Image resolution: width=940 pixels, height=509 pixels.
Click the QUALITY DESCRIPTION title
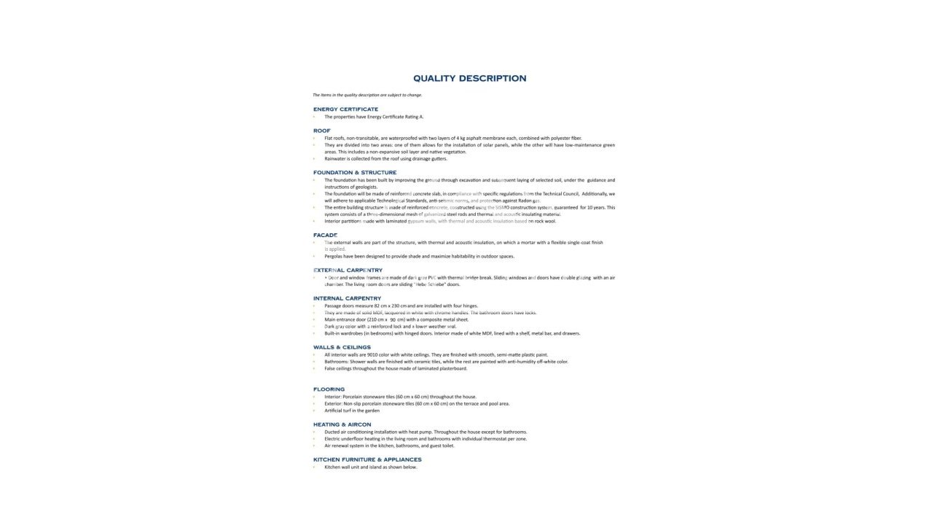pos(469,79)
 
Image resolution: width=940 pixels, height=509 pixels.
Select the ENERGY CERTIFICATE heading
pos(345,109)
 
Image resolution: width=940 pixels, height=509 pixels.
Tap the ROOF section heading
pos(321,131)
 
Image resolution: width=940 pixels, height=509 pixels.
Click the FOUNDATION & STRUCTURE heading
pos(355,173)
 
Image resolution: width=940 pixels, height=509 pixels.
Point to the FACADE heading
pos(325,236)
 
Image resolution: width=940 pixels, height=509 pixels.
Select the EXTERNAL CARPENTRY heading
pos(348,271)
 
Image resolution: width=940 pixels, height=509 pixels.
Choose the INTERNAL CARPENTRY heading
pos(347,298)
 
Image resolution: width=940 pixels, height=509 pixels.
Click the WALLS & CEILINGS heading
pos(342,347)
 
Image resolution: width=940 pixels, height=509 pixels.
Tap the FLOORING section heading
pos(329,389)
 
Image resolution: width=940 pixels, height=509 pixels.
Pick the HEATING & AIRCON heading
pos(342,424)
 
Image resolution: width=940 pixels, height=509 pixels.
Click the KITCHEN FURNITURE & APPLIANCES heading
pos(367,459)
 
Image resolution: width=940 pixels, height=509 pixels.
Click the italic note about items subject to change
pos(367,95)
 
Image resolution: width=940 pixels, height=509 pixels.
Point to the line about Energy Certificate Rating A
pos(374,117)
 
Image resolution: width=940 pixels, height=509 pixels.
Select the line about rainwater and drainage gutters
pos(385,158)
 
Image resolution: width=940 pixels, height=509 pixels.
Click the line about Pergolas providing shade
pos(419,256)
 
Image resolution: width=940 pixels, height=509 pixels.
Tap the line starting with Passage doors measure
pos(401,306)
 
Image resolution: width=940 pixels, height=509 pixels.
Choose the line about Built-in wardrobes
pos(452,333)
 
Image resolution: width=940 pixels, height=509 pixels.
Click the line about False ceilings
pos(396,368)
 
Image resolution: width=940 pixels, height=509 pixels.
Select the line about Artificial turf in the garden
pos(352,411)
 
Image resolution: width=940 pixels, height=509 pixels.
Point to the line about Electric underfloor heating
pos(426,439)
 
